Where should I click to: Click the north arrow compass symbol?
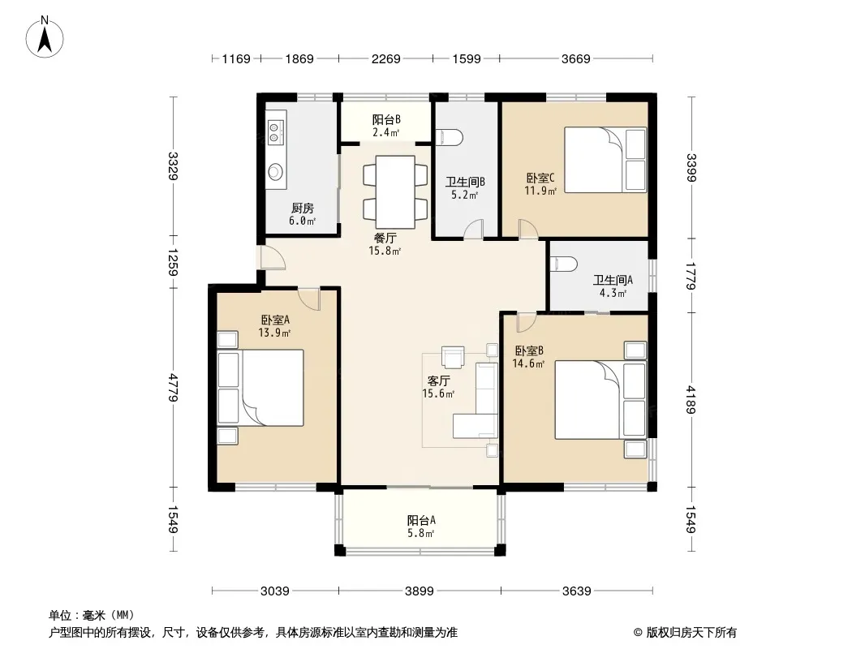click(45, 37)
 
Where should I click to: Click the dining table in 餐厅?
click(395, 192)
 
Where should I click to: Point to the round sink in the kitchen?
click(275, 172)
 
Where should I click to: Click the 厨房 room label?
click(303, 208)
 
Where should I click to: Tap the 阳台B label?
click(386, 119)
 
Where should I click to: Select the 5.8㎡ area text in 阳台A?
click(421, 533)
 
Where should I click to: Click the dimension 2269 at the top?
click(385, 58)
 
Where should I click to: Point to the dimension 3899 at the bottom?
click(420, 591)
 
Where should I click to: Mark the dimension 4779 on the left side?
click(173, 388)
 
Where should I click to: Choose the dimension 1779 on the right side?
click(691, 275)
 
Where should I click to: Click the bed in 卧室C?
click(605, 160)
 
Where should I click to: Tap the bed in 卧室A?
click(260, 388)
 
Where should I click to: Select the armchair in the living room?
click(453, 357)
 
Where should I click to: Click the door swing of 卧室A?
click(309, 299)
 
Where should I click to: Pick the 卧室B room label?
click(530, 350)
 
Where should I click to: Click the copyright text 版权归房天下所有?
click(691, 633)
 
